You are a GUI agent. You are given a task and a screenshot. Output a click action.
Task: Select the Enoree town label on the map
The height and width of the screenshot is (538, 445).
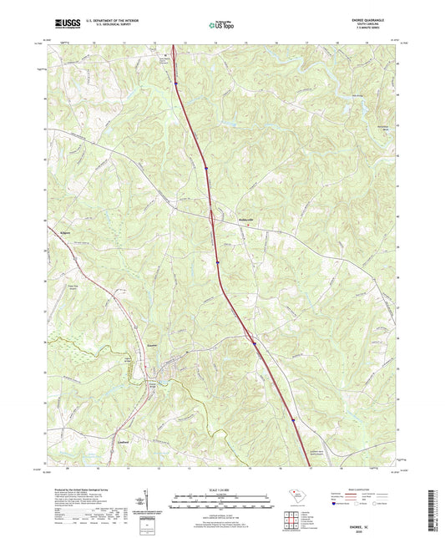[x=151, y=344]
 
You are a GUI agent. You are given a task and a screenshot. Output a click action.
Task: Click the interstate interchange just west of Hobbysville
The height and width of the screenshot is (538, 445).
[x=212, y=220]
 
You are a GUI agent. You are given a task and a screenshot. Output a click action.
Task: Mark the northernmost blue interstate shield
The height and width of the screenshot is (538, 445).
[x=176, y=81]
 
